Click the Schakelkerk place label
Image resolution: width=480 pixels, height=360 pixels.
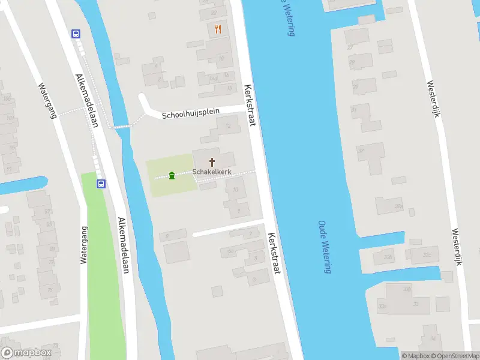click(212, 172)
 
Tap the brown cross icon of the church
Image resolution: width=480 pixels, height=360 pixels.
click(212, 162)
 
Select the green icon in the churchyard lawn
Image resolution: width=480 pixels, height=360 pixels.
click(172, 175)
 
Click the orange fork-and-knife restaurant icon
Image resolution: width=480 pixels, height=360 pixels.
click(217, 29)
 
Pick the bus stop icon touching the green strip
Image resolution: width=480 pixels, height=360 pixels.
click(101, 184)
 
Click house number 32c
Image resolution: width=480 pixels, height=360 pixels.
click(427, 254)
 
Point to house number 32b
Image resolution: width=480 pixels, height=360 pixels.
click(388, 256)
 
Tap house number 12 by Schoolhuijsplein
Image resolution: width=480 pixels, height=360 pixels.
click(227, 125)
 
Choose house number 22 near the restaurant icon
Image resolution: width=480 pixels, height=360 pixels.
click(214, 13)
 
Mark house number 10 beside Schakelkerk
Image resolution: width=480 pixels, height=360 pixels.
click(235, 190)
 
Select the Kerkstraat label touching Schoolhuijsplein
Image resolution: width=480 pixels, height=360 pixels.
click(250, 105)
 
